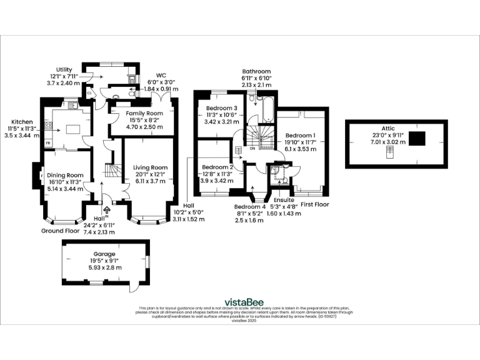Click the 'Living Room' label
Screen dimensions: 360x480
tap(151, 167)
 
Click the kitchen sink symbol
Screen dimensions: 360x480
tap(72, 104)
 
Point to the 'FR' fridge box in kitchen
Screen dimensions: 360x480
tap(48, 143)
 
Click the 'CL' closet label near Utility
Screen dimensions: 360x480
tap(90, 92)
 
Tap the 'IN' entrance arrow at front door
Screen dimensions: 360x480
tap(106, 211)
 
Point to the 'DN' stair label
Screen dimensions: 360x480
tap(252, 149)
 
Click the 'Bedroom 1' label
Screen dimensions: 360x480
tap(301, 135)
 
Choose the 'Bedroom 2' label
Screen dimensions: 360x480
tap(217, 167)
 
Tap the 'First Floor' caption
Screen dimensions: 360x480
tap(314, 204)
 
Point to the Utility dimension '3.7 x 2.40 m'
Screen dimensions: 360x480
tap(63, 82)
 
